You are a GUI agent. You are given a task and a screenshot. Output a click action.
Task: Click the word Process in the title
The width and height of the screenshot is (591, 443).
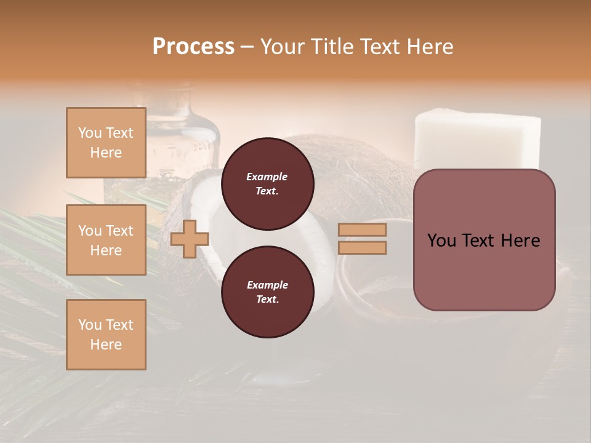[193, 47]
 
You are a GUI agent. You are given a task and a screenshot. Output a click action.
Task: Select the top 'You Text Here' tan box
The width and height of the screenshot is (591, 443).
[106, 143]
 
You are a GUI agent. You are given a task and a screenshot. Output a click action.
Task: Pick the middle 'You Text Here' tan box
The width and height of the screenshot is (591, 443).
[106, 240]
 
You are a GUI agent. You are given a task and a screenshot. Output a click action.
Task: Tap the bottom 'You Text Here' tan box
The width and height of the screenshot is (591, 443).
[106, 335]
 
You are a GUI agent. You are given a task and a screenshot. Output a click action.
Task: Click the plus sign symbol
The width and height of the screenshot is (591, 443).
[189, 239]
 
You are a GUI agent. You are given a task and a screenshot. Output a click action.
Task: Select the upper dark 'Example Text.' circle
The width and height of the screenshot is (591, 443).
[267, 183]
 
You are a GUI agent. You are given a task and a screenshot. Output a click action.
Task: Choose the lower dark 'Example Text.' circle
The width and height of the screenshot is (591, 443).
[267, 292]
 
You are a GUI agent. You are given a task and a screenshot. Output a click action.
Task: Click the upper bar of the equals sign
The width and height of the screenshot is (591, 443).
[363, 229]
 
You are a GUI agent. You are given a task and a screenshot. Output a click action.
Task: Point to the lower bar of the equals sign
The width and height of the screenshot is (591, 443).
[363, 247]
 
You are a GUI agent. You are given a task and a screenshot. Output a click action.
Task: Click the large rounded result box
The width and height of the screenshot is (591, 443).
[484, 271]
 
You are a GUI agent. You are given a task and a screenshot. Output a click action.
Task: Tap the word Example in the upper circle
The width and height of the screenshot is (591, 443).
[267, 177]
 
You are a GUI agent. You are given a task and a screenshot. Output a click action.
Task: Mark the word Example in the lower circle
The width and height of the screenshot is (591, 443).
[267, 285]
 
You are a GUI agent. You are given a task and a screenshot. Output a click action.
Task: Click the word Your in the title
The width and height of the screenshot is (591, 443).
[283, 47]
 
